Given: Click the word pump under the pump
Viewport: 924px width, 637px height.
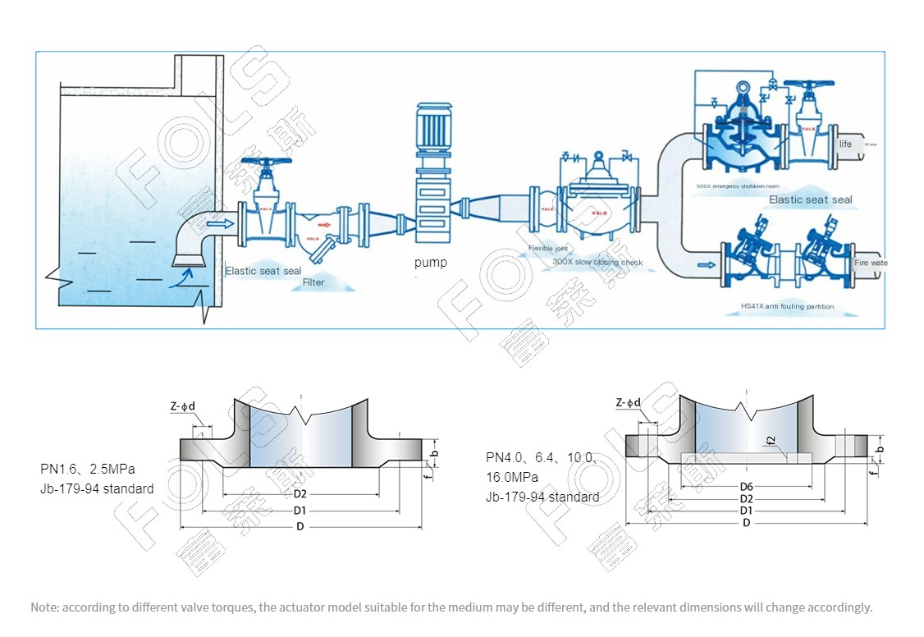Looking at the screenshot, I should [431, 263].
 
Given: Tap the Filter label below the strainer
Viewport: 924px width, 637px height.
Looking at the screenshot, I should [313, 282].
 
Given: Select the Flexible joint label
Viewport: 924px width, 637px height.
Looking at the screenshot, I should [547, 248].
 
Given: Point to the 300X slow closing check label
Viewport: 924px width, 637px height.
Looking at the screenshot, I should [597, 263].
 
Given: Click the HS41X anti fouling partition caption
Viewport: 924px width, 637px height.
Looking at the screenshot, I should [787, 307].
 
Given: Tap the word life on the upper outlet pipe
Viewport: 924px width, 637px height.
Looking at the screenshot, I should [845, 144].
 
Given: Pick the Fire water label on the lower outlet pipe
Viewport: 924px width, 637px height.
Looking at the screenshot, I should [871, 264].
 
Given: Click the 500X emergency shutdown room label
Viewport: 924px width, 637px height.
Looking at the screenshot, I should [736, 186].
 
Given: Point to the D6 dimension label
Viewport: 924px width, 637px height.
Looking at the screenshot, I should [746, 487].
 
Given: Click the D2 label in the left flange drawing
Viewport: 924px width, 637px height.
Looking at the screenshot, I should [300, 494].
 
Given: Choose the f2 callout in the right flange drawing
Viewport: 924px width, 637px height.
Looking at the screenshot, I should [771, 441].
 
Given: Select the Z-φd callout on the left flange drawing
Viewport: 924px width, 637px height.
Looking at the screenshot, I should [185, 406].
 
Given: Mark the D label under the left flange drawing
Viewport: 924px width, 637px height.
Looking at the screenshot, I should [300, 527].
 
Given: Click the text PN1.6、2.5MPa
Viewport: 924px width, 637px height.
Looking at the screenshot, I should [88, 470].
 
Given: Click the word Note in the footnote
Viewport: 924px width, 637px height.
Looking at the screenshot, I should [43, 607].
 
